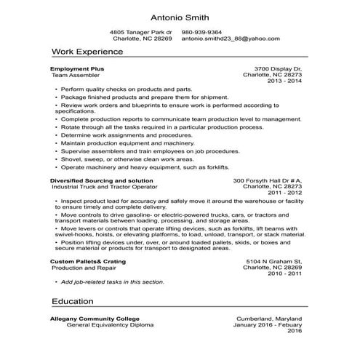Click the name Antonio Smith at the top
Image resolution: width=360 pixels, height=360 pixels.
(x=180, y=16)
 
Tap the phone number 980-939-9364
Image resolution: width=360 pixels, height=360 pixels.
(x=201, y=32)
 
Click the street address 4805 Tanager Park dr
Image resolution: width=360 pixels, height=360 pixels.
(x=141, y=32)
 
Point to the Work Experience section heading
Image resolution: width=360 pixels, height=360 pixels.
(x=87, y=52)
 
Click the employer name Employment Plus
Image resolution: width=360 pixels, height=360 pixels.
(x=77, y=68)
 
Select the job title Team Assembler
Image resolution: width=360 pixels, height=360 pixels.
(x=75, y=75)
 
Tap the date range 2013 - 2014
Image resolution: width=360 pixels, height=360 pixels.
(x=284, y=81)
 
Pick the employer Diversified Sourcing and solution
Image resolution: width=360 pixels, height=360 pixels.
(x=101, y=180)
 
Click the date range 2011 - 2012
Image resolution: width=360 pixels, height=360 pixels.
(x=284, y=193)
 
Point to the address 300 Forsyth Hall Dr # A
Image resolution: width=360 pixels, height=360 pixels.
(x=267, y=180)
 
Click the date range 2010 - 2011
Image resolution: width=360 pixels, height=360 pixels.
(x=284, y=273)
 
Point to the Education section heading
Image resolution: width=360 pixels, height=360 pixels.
(x=73, y=300)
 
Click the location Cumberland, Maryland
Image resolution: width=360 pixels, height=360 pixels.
(x=269, y=319)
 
